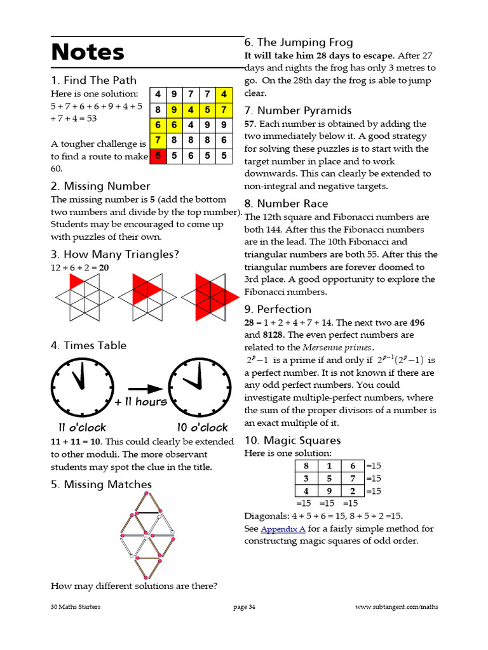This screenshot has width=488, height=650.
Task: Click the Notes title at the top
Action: point(88,52)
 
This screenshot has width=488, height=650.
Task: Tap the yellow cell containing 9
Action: point(173,110)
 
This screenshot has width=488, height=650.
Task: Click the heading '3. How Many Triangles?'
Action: point(115,255)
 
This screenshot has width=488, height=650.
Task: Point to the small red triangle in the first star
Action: point(76,281)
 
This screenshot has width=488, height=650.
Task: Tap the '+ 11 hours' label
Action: point(141,402)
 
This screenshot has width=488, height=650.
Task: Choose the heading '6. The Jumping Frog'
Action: point(299,42)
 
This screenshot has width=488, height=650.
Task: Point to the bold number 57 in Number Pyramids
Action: point(250,124)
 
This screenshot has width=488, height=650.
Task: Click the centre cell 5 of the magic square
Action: point(330,478)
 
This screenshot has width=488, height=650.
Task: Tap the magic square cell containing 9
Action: point(330,491)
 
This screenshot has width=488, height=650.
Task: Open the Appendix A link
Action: point(283,529)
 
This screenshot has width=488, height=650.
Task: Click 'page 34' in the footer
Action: point(245,607)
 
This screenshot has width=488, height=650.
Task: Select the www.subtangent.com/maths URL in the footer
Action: point(396,607)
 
